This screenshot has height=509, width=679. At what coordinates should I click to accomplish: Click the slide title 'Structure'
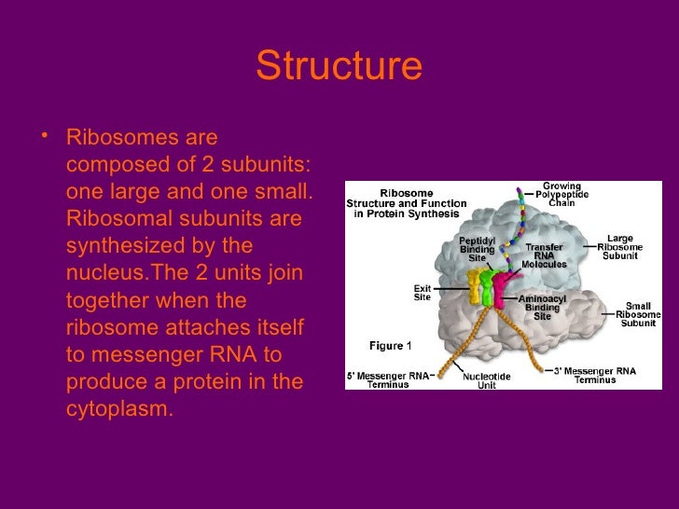339,66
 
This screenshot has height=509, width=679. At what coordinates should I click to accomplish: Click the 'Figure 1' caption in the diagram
391,346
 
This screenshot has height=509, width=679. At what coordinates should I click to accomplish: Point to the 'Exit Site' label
423,293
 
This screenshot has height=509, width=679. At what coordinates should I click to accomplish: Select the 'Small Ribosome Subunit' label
638,314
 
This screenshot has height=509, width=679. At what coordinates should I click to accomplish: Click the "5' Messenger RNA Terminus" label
389,378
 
